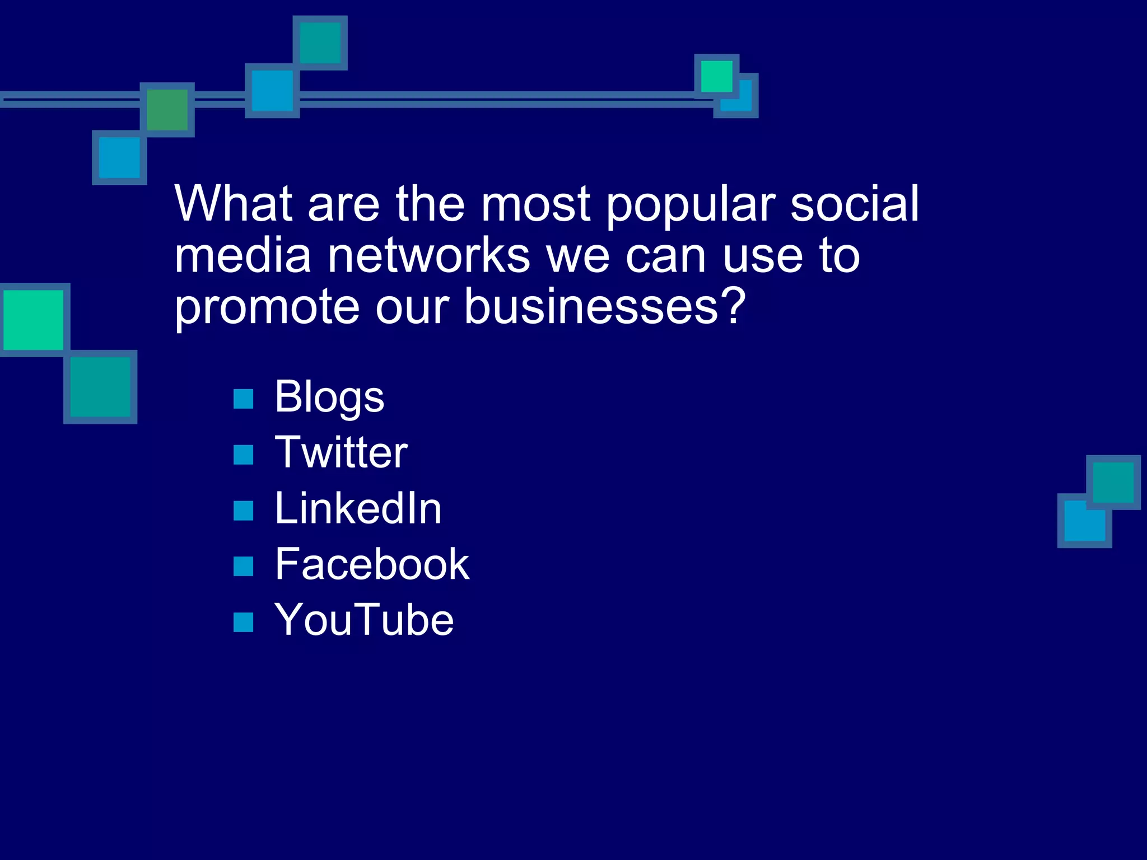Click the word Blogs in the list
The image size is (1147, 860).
329,398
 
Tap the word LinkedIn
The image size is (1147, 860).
358,508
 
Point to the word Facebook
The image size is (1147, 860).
372,564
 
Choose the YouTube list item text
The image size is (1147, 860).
364,620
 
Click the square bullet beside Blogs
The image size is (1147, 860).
243,399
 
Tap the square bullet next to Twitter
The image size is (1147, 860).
243,455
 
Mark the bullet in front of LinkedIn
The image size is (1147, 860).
243,510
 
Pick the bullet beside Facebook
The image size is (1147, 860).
243,566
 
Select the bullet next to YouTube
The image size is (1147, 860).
243,621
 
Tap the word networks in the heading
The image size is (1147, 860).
428,256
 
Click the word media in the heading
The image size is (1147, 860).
243,256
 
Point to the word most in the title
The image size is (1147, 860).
535,205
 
